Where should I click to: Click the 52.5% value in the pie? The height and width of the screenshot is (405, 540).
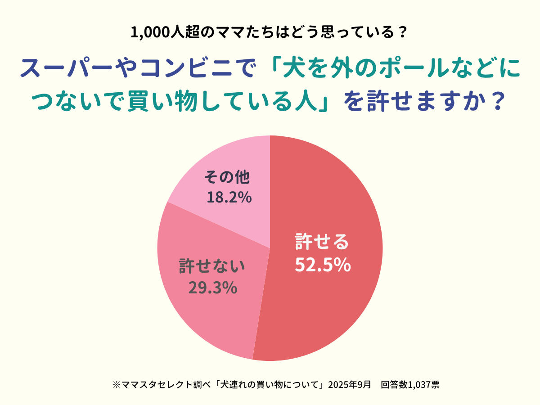tap(323, 265)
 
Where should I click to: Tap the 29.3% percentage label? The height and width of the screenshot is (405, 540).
tap(213, 288)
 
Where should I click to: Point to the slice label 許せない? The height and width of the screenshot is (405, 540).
tap(212, 265)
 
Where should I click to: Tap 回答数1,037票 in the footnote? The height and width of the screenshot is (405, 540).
tap(410, 385)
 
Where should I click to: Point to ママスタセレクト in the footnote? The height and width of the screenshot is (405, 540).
tap(151, 385)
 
